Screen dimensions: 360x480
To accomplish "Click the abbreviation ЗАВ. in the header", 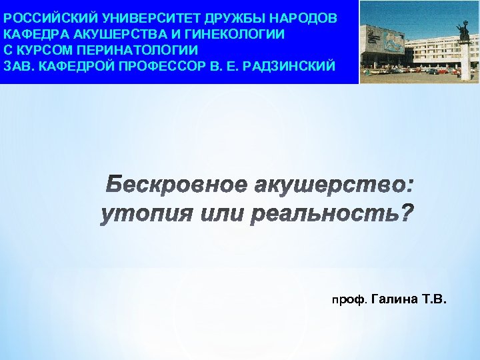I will [18, 66].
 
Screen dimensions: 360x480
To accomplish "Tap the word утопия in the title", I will [139, 215].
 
